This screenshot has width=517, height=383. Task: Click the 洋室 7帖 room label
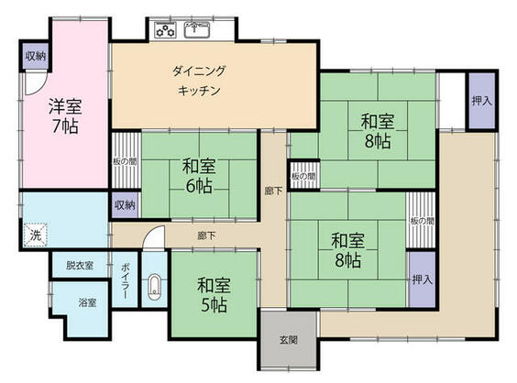[64, 115]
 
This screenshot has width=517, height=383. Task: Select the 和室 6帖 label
[198, 175]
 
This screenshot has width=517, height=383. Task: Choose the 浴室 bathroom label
[88, 301]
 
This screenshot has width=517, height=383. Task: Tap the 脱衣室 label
[79, 266]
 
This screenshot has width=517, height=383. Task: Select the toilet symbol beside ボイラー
[154, 287]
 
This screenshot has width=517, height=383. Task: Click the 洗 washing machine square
[35, 235]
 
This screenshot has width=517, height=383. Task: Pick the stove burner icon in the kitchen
[166, 30]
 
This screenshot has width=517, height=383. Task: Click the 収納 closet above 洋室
[35, 57]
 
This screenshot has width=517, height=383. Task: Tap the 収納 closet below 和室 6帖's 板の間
[126, 204]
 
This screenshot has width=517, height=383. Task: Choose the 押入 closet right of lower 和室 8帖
[421, 279]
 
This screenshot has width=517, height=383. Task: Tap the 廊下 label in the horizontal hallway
[205, 235]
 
